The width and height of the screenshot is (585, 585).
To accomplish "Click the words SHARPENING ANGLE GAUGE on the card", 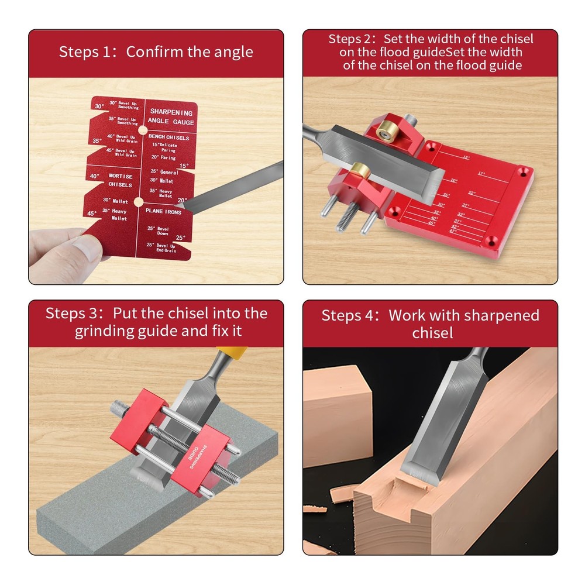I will pos(171,116).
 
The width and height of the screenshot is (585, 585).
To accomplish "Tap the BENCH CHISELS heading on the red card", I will pos(169,137).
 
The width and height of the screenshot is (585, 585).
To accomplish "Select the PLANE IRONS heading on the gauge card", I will pos(163,211).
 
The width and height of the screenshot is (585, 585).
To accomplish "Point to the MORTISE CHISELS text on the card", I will pos(120,180).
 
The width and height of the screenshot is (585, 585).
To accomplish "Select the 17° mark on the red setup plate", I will pos(481,174).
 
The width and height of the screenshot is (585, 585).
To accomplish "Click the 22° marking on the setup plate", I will pos(472,192).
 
